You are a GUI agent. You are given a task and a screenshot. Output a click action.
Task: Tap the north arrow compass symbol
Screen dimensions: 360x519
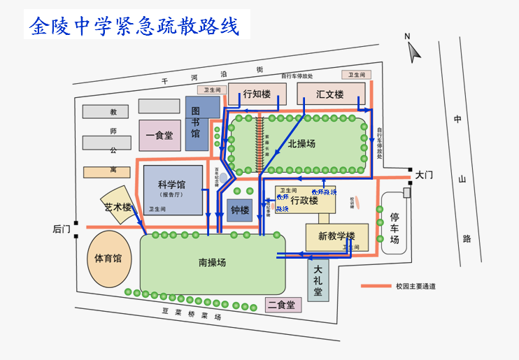[x=414, y=48]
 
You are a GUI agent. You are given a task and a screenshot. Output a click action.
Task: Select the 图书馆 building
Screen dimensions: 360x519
[x=197, y=124]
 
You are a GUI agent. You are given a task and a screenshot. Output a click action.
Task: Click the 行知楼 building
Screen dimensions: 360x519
[x=256, y=94]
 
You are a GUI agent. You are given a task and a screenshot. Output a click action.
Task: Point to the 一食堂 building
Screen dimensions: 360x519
[x=159, y=135]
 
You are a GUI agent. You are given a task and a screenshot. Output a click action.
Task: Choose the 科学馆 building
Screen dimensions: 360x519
[x=172, y=189]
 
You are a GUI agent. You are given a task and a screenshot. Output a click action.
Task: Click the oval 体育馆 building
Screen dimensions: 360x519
[x=108, y=259]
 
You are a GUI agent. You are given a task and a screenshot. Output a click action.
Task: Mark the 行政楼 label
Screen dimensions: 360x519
[x=304, y=201]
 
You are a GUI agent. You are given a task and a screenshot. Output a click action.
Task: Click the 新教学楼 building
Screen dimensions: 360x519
[x=336, y=236]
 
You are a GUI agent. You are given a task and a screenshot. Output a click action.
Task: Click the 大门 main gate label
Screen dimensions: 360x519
[x=425, y=175]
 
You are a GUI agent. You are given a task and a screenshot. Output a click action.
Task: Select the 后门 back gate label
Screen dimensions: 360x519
[x=62, y=229]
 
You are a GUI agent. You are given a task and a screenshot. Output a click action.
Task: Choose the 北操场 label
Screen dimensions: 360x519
[x=301, y=144]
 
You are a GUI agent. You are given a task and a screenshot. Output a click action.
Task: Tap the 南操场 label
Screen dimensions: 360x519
[x=212, y=263]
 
